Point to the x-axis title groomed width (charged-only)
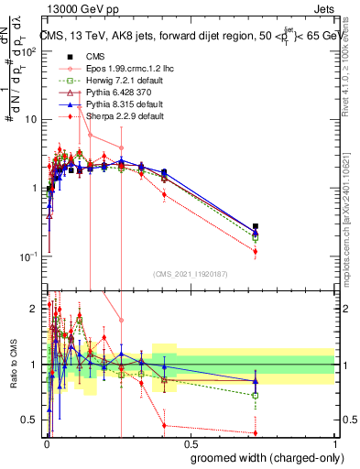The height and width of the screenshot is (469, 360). point(262,455)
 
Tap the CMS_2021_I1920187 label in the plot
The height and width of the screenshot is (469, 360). point(190,272)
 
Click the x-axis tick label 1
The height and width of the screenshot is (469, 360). point(334,442)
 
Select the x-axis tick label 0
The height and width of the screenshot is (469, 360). point(46,442)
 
